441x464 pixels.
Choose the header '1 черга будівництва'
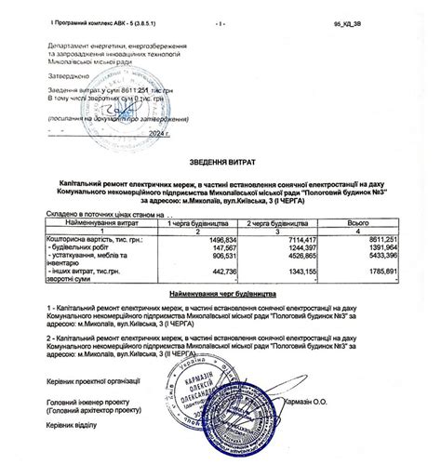pyautogui.click(x=198, y=224)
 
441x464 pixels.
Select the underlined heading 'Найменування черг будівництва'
pyautogui.click(x=220, y=292)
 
